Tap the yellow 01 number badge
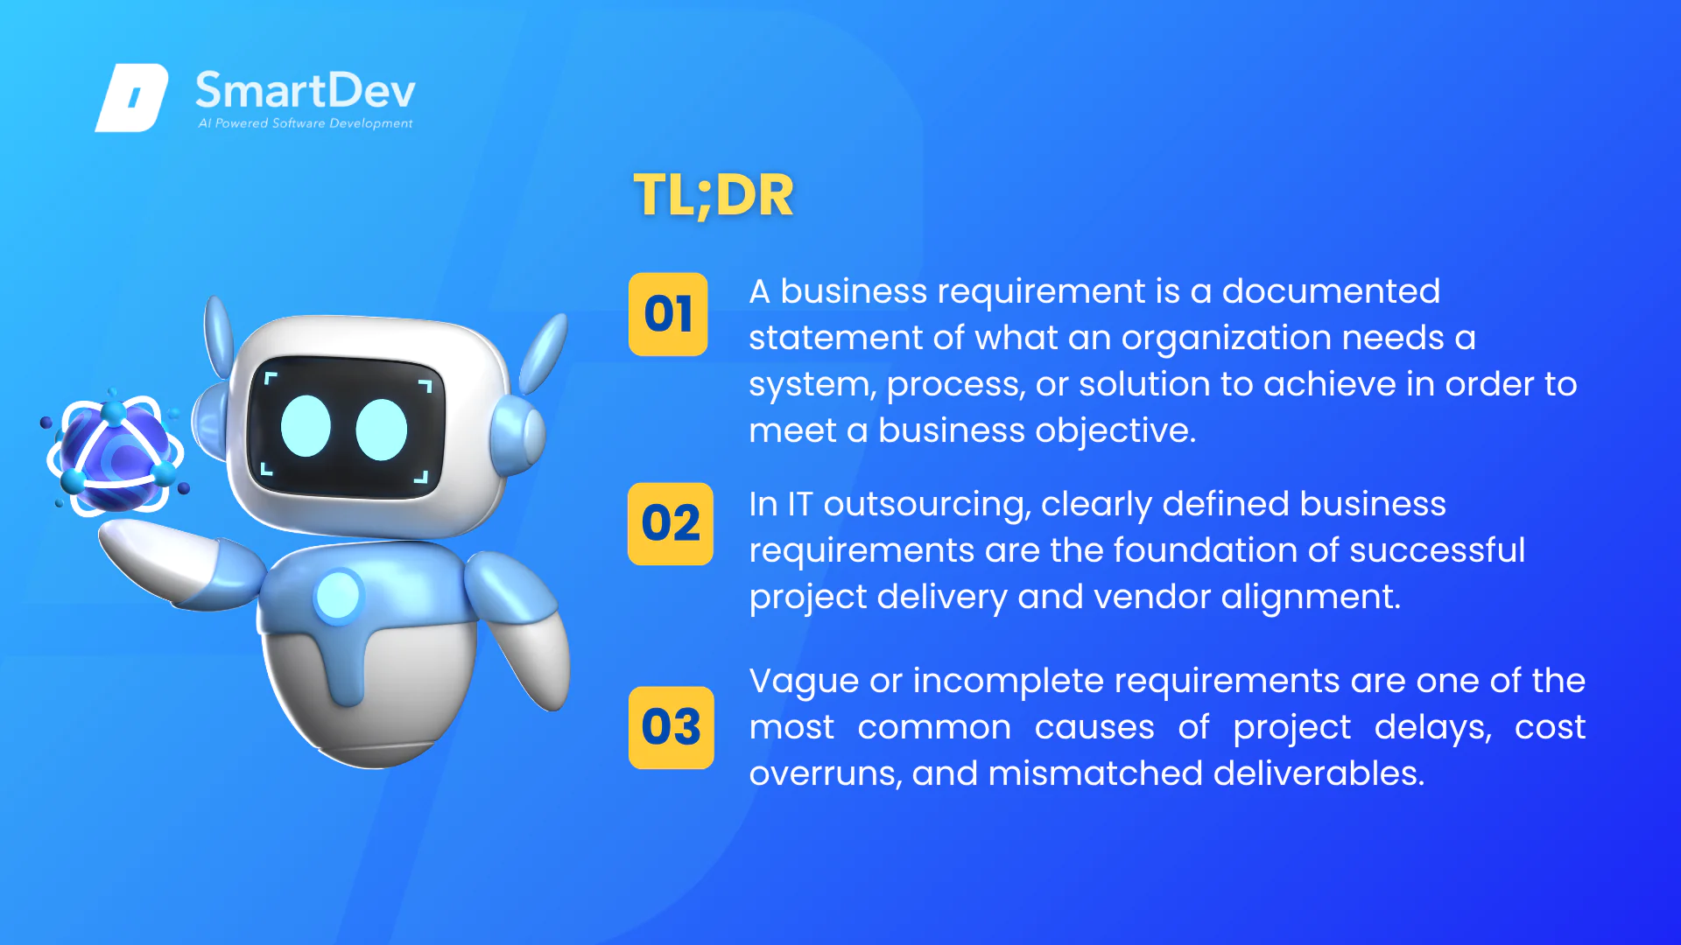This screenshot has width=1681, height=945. pyautogui.click(x=668, y=314)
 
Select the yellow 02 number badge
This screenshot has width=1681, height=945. pyautogui.click(x=671, y=523)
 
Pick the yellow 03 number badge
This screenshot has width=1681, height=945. pyautogui.click(x=671, y=727)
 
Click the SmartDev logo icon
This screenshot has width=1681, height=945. pyautogui.click(x=131, y=97)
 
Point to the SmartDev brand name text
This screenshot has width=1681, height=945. pyautogui.click(x=305, y=91)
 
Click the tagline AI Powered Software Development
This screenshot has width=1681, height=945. pyautogui.click(x=306, y=123)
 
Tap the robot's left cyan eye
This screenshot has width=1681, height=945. pyautogui.click(x=306, y=426)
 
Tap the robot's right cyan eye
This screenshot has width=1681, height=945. pyautogui.click(x=382, y=430)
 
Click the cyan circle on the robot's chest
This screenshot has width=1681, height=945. pyautogui.click(x=338, y=596)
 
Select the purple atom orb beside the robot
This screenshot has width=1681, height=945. pyautogui.click(x=116, y=453)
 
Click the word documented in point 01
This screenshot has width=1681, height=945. pyautogui.click(x=1331, y=291)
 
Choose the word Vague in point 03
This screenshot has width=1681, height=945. pyautogui.click(x=804, y=682)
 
